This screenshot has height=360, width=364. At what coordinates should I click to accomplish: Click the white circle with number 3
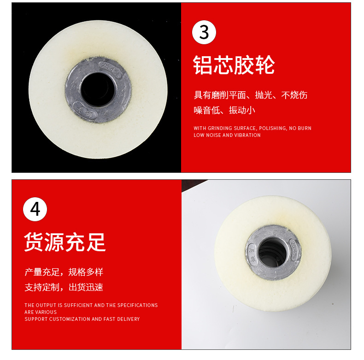204,32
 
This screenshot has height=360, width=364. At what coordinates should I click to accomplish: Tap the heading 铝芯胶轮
234,65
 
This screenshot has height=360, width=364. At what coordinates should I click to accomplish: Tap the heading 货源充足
65,242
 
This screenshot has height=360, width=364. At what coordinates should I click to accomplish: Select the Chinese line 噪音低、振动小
224,110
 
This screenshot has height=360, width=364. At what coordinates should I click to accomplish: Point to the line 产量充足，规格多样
64,271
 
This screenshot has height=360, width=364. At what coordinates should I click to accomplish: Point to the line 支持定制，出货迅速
64,287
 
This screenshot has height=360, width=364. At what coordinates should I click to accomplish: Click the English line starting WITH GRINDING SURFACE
252,128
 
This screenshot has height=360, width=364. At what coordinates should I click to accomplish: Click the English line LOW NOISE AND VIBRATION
227,135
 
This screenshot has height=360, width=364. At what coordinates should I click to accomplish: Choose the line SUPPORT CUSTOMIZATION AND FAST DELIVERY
82,319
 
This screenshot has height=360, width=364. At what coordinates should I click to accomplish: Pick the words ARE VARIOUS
40,312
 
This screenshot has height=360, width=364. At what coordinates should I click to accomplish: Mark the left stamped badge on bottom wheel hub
251,254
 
